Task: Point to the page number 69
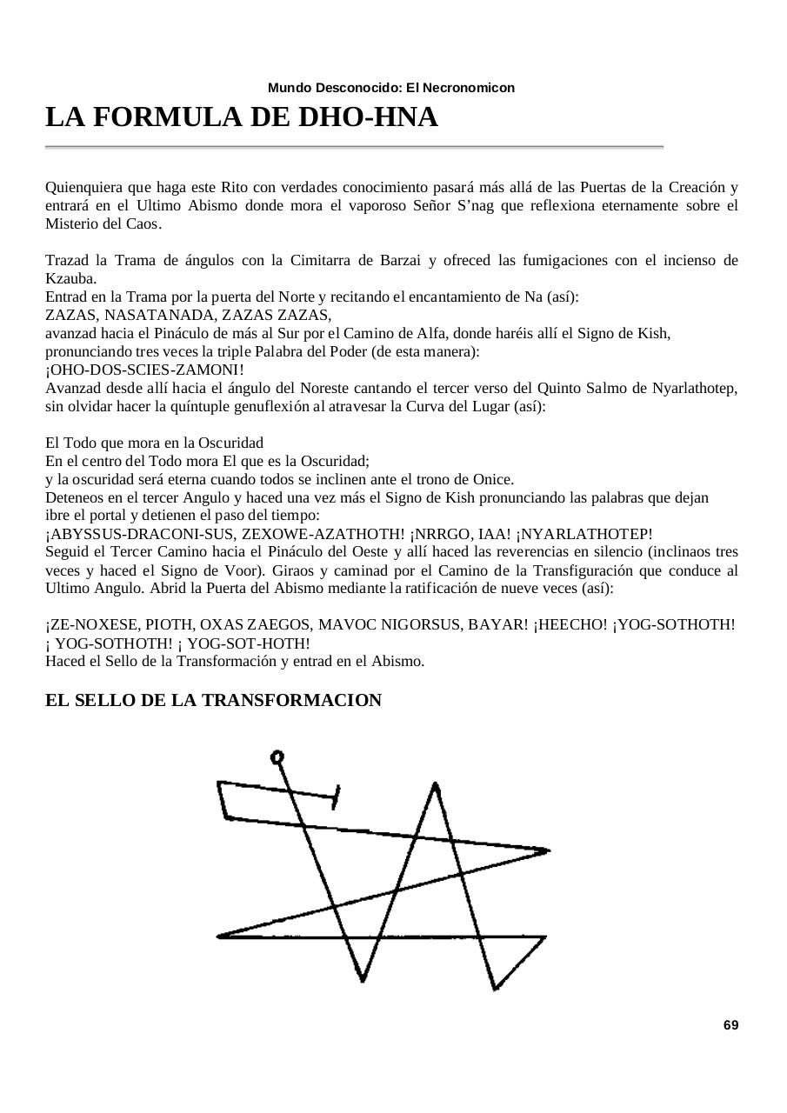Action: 730,1025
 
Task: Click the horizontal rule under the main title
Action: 354,148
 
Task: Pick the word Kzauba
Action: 70,278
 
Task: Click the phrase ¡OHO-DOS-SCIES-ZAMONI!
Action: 133,370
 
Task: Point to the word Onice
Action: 493,479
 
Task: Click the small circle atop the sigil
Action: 277,756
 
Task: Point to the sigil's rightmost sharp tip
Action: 548,850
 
